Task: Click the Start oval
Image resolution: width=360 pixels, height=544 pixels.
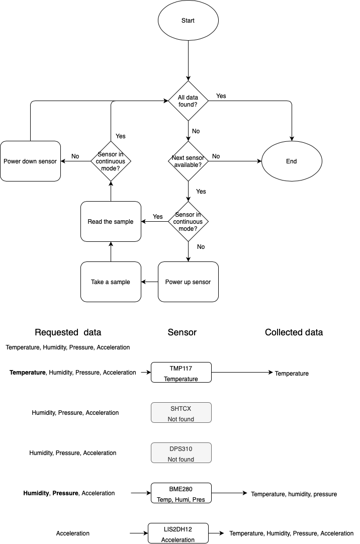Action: coord(188,21)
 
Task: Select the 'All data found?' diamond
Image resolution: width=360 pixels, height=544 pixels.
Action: coord(188,101)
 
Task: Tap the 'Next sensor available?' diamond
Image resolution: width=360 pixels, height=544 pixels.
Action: coord(188,161)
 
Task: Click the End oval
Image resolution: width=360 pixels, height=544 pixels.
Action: coord(292,161)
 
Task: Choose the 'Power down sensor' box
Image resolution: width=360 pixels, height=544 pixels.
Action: coord(30,161)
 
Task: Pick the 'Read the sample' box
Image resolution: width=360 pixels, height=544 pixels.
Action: coord(111,221)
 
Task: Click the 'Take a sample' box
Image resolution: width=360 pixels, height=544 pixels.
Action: coord(111,282)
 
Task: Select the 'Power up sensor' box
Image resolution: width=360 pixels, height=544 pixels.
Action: coord(188,282)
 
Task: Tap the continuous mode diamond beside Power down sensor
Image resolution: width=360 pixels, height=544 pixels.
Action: coord(111,161)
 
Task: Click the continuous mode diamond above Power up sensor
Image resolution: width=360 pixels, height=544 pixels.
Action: coord(188,221)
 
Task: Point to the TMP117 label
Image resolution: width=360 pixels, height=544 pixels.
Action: coord(181,369)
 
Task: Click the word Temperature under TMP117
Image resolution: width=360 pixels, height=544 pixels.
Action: coord(181,379)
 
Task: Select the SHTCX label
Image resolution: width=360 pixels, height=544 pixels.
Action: coord(181,409)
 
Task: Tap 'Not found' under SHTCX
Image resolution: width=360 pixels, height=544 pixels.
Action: coord(181,419)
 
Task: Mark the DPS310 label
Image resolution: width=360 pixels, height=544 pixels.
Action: coord(181,449)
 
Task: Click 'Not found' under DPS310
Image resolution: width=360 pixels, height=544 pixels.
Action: coord(181,459)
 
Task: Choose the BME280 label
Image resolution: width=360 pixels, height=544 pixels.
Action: coord(181,489)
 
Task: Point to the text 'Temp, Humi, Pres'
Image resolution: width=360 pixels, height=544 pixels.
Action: coord(181,499)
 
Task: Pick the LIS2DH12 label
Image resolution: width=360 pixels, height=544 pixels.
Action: coord(178,529)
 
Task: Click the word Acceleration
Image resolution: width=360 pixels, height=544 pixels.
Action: coord(178,539)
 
